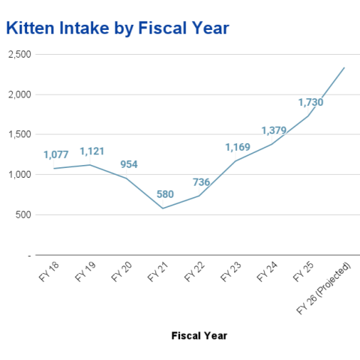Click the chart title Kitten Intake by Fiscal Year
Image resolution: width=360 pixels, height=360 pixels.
[117, 28]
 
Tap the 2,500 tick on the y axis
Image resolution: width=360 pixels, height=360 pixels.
[19, 55]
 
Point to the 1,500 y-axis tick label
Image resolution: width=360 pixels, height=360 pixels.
[19, 135]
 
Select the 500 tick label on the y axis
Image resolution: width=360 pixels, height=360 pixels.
[24, 215]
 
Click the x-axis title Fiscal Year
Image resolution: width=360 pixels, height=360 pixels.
[199, 335]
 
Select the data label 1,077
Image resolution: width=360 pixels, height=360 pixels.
[55, 155]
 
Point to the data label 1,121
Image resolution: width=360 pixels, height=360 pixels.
[92, 151]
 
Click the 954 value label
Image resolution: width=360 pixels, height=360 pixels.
[128, 164]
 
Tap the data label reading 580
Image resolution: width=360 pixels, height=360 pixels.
[165, 194]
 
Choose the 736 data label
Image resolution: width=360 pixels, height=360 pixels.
[201, 182]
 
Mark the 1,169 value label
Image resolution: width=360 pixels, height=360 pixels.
[238, 147]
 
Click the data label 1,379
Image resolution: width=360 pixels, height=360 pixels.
[274, 130]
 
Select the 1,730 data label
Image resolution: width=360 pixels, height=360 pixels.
[310, 102]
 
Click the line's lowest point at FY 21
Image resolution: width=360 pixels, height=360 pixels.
[163, 208]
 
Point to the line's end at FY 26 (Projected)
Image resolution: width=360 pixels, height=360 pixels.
[344, 67]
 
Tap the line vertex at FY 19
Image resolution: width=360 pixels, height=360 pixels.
[91, 165]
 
